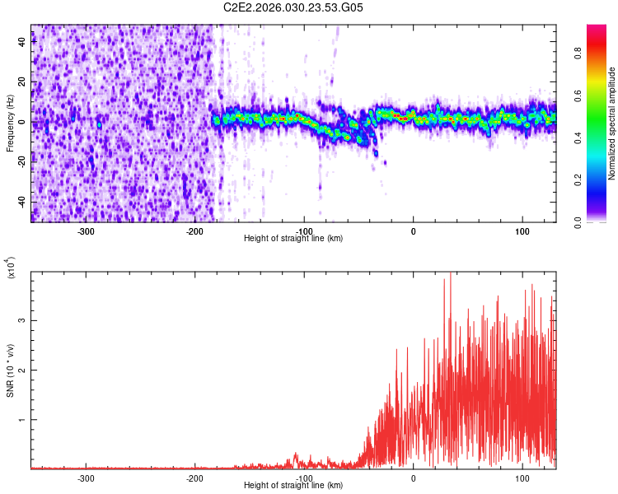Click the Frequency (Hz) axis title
pos(10,123)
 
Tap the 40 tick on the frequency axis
pos(23,42)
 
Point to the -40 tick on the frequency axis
pos(23,201)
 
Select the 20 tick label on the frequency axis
pos(23,82)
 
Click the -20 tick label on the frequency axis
pos(23,161)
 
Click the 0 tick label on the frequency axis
pos(23,122)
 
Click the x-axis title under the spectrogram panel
pos(293,238)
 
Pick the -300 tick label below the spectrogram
pos(87,231)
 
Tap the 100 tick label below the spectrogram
pos(522,231)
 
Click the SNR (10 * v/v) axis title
pos(10,370)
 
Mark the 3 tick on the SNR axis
pos(23,320)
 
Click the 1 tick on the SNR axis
pos(23,419)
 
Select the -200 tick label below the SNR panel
pos(195,478)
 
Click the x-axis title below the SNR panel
pos(293,485)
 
